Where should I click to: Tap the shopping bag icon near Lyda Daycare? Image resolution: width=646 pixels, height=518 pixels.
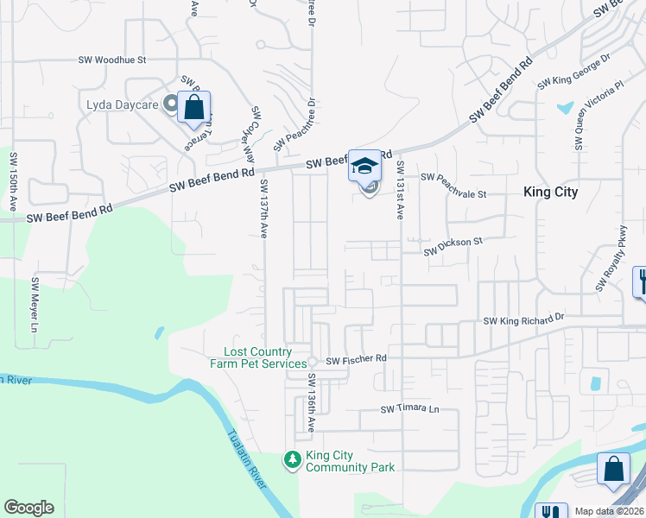(194, 108)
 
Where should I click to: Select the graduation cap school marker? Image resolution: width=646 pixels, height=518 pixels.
(365, 165)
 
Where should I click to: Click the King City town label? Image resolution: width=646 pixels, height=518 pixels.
(550, 192)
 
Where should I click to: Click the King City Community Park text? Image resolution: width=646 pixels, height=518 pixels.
(350, 461)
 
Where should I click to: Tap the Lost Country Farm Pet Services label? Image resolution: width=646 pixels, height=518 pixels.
(257, 357)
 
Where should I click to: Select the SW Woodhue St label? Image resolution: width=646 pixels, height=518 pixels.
(113, 60)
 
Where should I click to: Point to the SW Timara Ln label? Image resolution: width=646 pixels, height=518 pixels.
(410, 408)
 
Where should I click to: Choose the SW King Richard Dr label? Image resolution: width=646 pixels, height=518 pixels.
(523, 319)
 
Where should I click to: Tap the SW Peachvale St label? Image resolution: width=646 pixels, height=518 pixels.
(454, 177)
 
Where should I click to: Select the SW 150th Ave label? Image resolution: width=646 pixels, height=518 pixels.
(14, 182)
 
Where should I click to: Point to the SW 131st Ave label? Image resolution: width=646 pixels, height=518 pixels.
(401, 191)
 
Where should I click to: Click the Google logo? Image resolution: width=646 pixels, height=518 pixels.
(28, 508)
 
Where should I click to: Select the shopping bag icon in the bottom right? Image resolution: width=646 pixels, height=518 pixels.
(613, 471)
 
